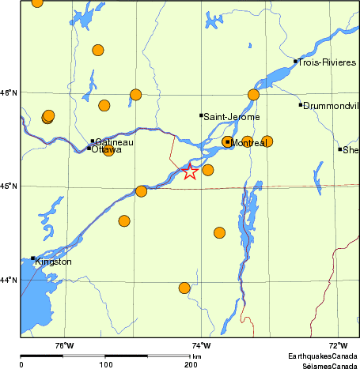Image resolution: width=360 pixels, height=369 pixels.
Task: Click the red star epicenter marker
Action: (190, 171)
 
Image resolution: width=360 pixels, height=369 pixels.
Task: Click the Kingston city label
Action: (54, 262)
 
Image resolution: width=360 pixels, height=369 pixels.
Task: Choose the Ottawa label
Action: (107, 149)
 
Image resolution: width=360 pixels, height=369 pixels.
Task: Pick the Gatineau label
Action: (114, 142)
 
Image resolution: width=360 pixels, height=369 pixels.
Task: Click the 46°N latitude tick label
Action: (9, 93)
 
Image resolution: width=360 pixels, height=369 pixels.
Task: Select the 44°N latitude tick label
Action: (9, 280)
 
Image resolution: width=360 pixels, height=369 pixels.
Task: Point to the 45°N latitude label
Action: (9, 186)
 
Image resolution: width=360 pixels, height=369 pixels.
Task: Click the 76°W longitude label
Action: (64, 345)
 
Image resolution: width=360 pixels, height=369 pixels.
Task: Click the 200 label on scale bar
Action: (191, 364)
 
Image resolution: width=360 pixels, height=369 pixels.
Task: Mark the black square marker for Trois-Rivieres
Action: (295, 61)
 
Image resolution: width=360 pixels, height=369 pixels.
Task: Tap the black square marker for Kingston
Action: (32, 258)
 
